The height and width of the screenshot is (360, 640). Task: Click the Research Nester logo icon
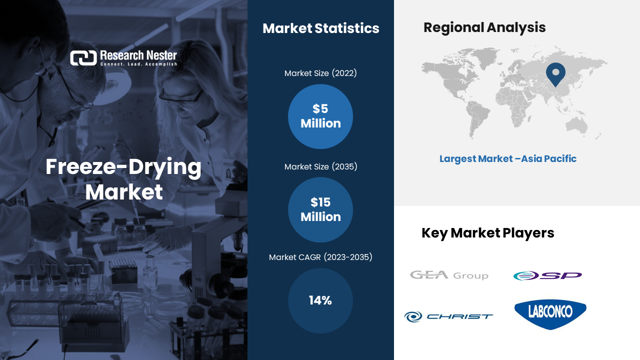point(83,58)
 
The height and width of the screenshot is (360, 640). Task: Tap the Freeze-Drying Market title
point(123,179)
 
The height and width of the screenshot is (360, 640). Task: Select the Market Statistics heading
point(321,28)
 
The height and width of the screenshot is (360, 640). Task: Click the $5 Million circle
point(320,116)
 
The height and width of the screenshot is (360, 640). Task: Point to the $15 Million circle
point(320,209)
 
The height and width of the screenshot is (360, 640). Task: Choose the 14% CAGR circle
point(320,300)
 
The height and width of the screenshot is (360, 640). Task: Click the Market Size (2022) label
point(320,73)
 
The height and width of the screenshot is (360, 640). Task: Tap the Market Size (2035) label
point(320,166)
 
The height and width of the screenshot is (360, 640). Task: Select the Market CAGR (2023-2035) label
point(320,257)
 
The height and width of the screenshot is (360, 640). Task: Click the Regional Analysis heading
point(484,27)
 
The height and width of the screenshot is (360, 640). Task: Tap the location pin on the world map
point(555,73)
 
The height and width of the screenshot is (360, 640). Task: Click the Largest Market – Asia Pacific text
point(508,158)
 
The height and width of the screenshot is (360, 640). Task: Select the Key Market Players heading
point(487,233)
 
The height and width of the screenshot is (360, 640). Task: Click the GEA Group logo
point(449,275)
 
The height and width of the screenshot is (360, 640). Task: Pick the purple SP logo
point(547,275)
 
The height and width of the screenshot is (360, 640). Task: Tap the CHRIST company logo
point(448,316)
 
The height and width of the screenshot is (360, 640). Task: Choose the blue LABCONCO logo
point(550,313)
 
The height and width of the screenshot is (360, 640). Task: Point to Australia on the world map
point(576,125)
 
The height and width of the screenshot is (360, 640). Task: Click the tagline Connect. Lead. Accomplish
point(138,64)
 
